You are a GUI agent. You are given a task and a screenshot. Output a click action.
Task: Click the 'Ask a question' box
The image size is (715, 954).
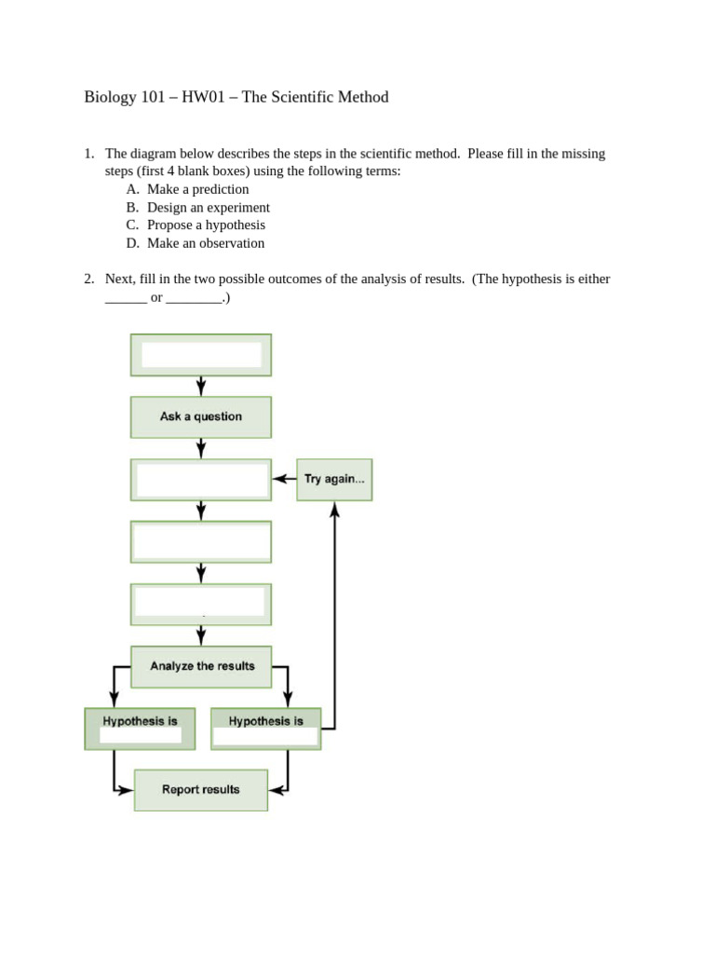pyautogui.click(x=201, y=417)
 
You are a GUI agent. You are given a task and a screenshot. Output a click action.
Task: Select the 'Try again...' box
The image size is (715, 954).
pyautogui.click(x=334, y=480)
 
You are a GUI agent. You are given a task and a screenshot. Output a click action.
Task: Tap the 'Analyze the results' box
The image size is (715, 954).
pyautogui.click(x=201, y=667)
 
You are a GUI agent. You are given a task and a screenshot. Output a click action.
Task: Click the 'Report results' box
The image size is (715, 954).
pyautogui.click(x=201, y=790)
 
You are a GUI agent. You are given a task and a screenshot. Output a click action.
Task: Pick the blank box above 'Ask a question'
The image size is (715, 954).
pyautogui.click(x=201, y=355)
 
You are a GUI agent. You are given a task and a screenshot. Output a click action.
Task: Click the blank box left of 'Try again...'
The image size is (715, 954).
pyautogui.click(x=201, y=480)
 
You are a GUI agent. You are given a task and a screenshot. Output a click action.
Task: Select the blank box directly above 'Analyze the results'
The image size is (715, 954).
pyautogui.click(x=201, y=604)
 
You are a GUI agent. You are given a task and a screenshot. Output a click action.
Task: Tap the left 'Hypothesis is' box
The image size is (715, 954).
pyautogui.click(x=140, y=729)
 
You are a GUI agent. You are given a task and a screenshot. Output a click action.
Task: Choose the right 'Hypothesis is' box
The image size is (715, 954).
pyautogui.click(x=265, y=729)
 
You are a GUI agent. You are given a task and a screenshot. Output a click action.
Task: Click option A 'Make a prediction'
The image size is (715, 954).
pyautogui.click(x=197, y=189)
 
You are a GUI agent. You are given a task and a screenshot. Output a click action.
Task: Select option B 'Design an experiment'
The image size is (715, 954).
pyautogui.click(x=208, y=208)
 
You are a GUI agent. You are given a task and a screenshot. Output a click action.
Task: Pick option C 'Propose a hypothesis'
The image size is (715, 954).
pyautogui.click(x=206, y=225)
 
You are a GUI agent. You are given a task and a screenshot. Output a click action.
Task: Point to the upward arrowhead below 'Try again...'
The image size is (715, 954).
pyautogui.click(x=334, y=509)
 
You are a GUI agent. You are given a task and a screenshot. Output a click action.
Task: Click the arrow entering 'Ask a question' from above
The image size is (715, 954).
pyautogui.click(x=201, y=388)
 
